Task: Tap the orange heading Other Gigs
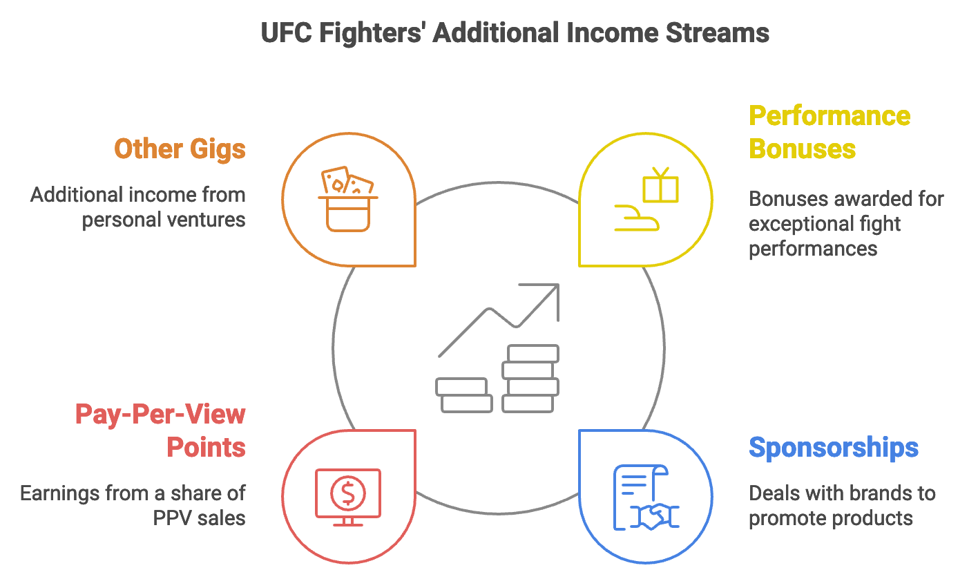(x=180, y=149)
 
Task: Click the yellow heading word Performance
(x=830, y=115)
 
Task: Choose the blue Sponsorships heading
(x=834, y=448)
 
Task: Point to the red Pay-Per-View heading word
(x=160, y=415)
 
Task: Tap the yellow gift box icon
(x=660, y=186)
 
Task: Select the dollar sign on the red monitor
(x=347, y=493)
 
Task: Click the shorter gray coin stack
(x=463, y=395)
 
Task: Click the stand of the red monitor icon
(x=347, y=521)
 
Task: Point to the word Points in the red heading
(x=206, y=448)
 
